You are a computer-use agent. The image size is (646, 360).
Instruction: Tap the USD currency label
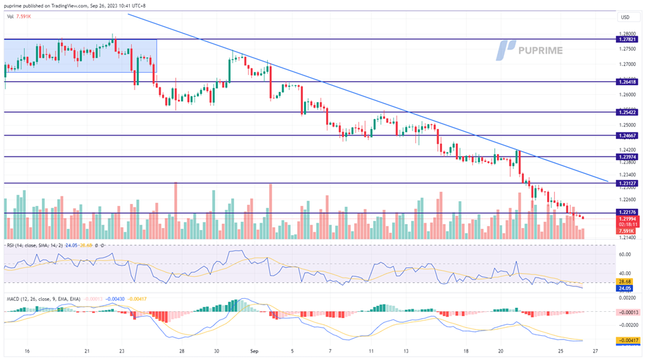pyautogui.click(x=624, y=17)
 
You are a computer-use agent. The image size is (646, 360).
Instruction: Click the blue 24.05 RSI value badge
pyautogui.click(x=624, y=289)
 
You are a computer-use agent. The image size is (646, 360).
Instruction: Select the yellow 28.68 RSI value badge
pyautogui.click(x=624, y=282)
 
